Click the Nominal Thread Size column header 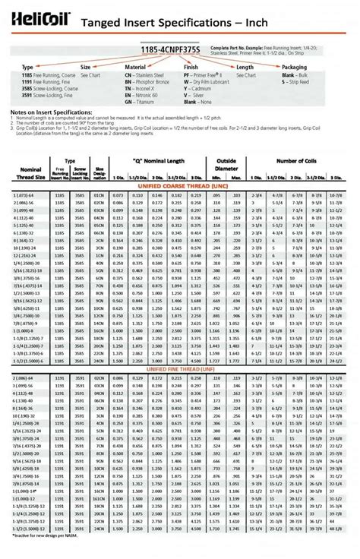30,174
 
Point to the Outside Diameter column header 226,165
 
